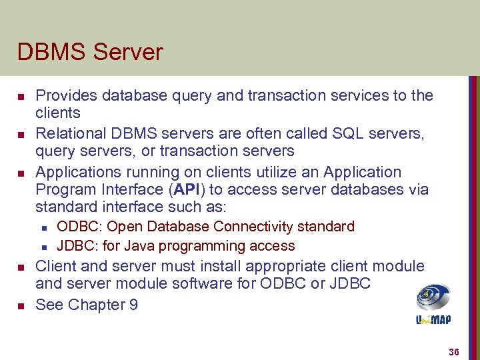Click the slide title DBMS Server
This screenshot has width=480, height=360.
90,52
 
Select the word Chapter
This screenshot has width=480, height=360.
92,305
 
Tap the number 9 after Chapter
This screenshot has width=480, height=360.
133,305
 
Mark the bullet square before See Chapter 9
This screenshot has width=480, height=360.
20,306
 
